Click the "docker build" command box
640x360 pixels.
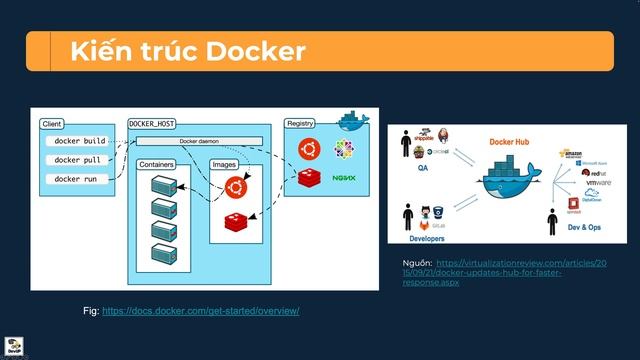click(80, 142)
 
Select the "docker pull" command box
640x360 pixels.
click(79, 160)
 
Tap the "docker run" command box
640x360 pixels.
click(78, 179)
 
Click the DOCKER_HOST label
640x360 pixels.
click(153, 123)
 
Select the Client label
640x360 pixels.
click(52, 123)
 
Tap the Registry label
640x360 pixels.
click(300, 123)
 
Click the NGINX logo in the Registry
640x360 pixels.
click(344, 177)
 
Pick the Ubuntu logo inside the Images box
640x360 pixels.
click(235, 186)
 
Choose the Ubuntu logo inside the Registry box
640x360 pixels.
click(308, 150)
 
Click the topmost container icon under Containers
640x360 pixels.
click(162, 185)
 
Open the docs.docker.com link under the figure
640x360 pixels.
click(200, 311)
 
